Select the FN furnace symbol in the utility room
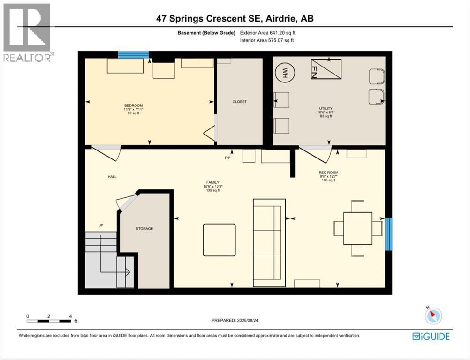pos(326,69)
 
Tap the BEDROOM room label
pos(133,105)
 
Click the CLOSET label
pos(240,102)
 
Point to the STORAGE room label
pos(144,229)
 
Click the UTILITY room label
pos(326,108)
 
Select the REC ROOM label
pos(328,172)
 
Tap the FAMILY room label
pos(213,182)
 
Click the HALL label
pos(112,177)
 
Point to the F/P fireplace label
pos(228,158)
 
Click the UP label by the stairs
pos(101,225)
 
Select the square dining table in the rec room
pos(358,228)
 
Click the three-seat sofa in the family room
pos(269,243)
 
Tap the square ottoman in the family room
pos(219,240)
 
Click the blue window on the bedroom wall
pos(133,55)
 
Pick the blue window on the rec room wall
pos(388,234)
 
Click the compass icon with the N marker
pos(433,315)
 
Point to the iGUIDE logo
pos(431,337)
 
